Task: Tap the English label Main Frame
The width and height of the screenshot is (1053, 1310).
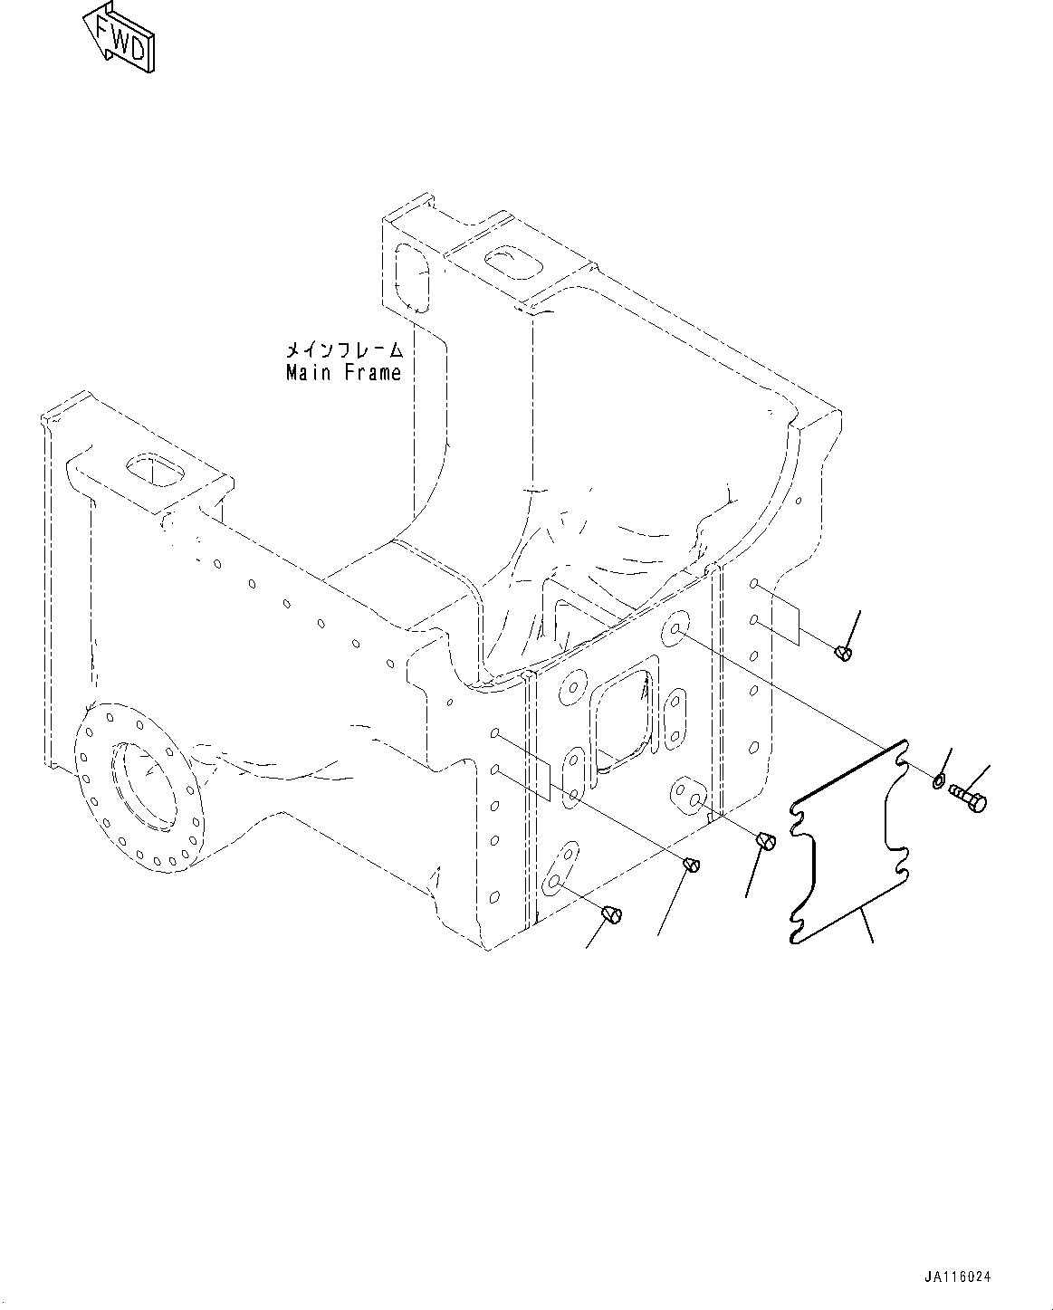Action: (343, 372)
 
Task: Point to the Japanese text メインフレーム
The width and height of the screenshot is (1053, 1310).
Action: (343, 349)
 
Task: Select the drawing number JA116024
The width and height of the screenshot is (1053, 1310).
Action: (958, 1277)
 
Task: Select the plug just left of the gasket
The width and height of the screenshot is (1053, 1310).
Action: (765, 842)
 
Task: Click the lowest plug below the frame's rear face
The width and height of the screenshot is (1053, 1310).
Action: (613, 915)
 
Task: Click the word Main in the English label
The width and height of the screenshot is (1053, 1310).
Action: (309, 372)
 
